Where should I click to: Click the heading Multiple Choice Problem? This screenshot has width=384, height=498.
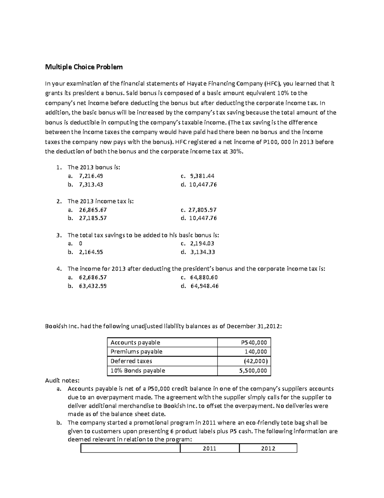[x=84, y=67]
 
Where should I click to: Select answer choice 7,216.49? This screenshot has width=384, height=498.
[x=91, y=176]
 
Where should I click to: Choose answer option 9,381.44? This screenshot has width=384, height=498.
[x=202, y=176]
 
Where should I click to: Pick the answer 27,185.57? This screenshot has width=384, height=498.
[x=93, y=218]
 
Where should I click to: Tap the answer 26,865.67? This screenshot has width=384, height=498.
[x=93, y=210]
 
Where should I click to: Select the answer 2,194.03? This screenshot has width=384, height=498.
[x=202, y=244]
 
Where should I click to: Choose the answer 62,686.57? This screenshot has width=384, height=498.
[x=93, y=277]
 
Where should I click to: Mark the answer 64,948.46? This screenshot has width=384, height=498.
[x=204, y=286]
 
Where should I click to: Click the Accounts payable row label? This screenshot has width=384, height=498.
[x=135, y=342]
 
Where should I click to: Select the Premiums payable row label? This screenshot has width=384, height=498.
[x=136, y=351]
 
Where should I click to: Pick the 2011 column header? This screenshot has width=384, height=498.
[x=210, y=448]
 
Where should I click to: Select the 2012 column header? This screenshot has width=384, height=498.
[x=268, y=448]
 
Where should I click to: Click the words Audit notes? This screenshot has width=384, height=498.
[x=62, y=381]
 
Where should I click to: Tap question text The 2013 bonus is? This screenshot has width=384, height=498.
[x=94, y=167]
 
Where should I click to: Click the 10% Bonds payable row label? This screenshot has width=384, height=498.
[x=138, y=371]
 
